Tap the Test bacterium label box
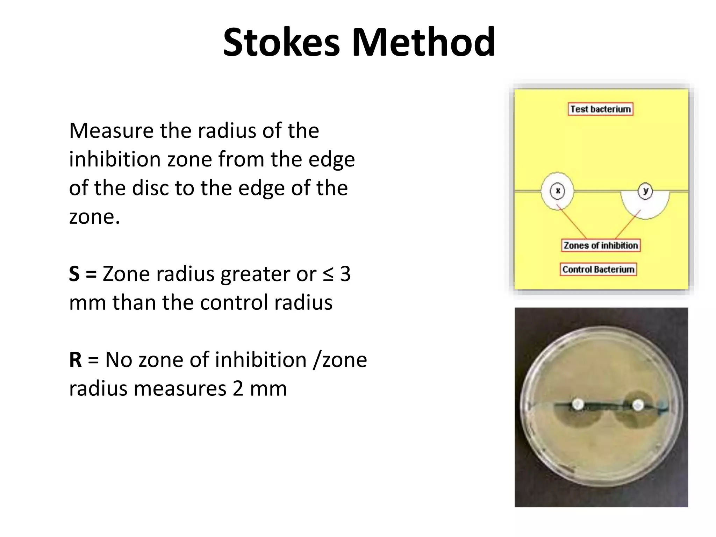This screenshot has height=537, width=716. pos(600,109)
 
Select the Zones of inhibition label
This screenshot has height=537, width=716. pos(601,245)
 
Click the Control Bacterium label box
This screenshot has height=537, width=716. pos(598,270)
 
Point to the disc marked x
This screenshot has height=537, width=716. pos(557,191)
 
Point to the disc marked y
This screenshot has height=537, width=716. pos(645,191)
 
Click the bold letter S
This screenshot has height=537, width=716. pos(74,274)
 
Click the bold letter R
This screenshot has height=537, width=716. pos(75,360)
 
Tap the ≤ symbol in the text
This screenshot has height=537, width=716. pos(328,274)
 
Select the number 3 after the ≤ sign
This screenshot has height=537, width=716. pos(345,274)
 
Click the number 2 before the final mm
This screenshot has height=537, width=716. pos(238,388)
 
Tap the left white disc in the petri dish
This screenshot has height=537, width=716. pos(578,405)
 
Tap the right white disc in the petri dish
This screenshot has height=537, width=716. pos(638,405)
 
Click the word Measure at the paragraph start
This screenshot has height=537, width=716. pos(111,131)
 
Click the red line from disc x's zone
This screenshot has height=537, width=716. pos(572,223)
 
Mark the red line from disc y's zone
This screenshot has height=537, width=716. pos(628,224)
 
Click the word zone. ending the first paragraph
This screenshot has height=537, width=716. pos(94,217)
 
